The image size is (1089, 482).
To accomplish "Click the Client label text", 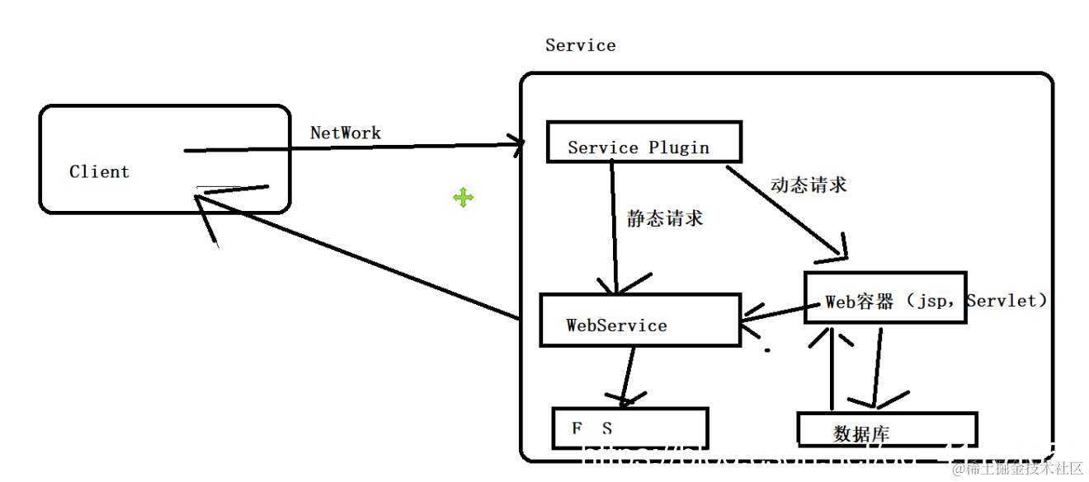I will pyautogui.click(x=99, y=172).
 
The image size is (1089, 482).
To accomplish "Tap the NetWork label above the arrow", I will pyautogui.click(x=346, y=133).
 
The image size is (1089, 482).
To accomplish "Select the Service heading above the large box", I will pyautogui.click(x=580, y=45).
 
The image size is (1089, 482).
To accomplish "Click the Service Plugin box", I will pyautogui.click(x=643, y=142).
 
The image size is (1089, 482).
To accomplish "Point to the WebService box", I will pyautogui.click(x=639, y=319).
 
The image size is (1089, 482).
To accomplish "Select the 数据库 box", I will pyautogui.click(x=887, y=429).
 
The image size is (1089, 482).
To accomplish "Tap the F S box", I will pyautogui.click(x=629, y=428).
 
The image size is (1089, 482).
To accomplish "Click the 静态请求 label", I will pyautogui.click(x=665, y=218).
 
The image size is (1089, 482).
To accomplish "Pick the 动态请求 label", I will pyautogui.click(x=808, y=185).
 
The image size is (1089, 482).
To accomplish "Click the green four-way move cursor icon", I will pyautogui.click(x=463, y=197).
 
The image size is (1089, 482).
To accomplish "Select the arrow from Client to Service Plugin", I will pyautogui.click(x=355, y=148).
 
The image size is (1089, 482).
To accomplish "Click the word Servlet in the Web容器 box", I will pyautogui.click(x=1005, y=301).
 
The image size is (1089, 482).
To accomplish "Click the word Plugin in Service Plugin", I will pyautogui.click(x=678, y=148).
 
